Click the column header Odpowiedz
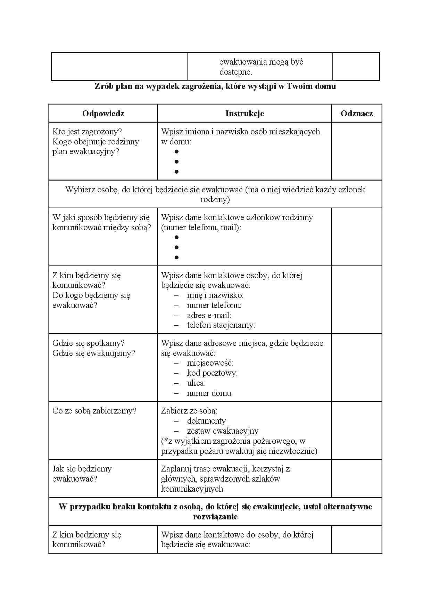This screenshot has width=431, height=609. (x=103, y=114)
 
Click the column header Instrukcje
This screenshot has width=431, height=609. (x=244, y=114)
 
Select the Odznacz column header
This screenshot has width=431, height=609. (x=357, y=114)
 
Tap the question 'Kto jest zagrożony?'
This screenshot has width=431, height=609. (x=87, y=132)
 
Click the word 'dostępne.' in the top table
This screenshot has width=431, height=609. (x=235, y=72)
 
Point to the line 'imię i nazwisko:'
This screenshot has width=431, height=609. (x=215, y=295)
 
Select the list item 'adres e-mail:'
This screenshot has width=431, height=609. (x=209, y=315)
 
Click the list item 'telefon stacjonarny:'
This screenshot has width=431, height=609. (x=221, y=325)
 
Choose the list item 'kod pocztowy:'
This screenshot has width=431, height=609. (x=212, y=373)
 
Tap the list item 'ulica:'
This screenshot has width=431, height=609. (x=196, y=383)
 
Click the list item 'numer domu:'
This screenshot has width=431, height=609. (x=210, y=393)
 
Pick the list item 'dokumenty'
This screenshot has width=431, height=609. (x=206, y=421)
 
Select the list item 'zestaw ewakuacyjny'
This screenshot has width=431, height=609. (x=223, y=431)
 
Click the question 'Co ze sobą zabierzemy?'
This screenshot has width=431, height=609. (x=94, y=411)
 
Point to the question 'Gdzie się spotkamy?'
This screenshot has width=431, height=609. (x=88, y=343)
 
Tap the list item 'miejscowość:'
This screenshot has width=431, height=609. (x=210, y=363)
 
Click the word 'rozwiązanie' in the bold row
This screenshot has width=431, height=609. (x=215, y=517)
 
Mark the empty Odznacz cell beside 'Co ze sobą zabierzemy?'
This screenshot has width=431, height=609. (x=357, y=431)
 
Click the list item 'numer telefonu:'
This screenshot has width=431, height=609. (x=214, y=305)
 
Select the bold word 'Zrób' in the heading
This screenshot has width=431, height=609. (x=103, y=86)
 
